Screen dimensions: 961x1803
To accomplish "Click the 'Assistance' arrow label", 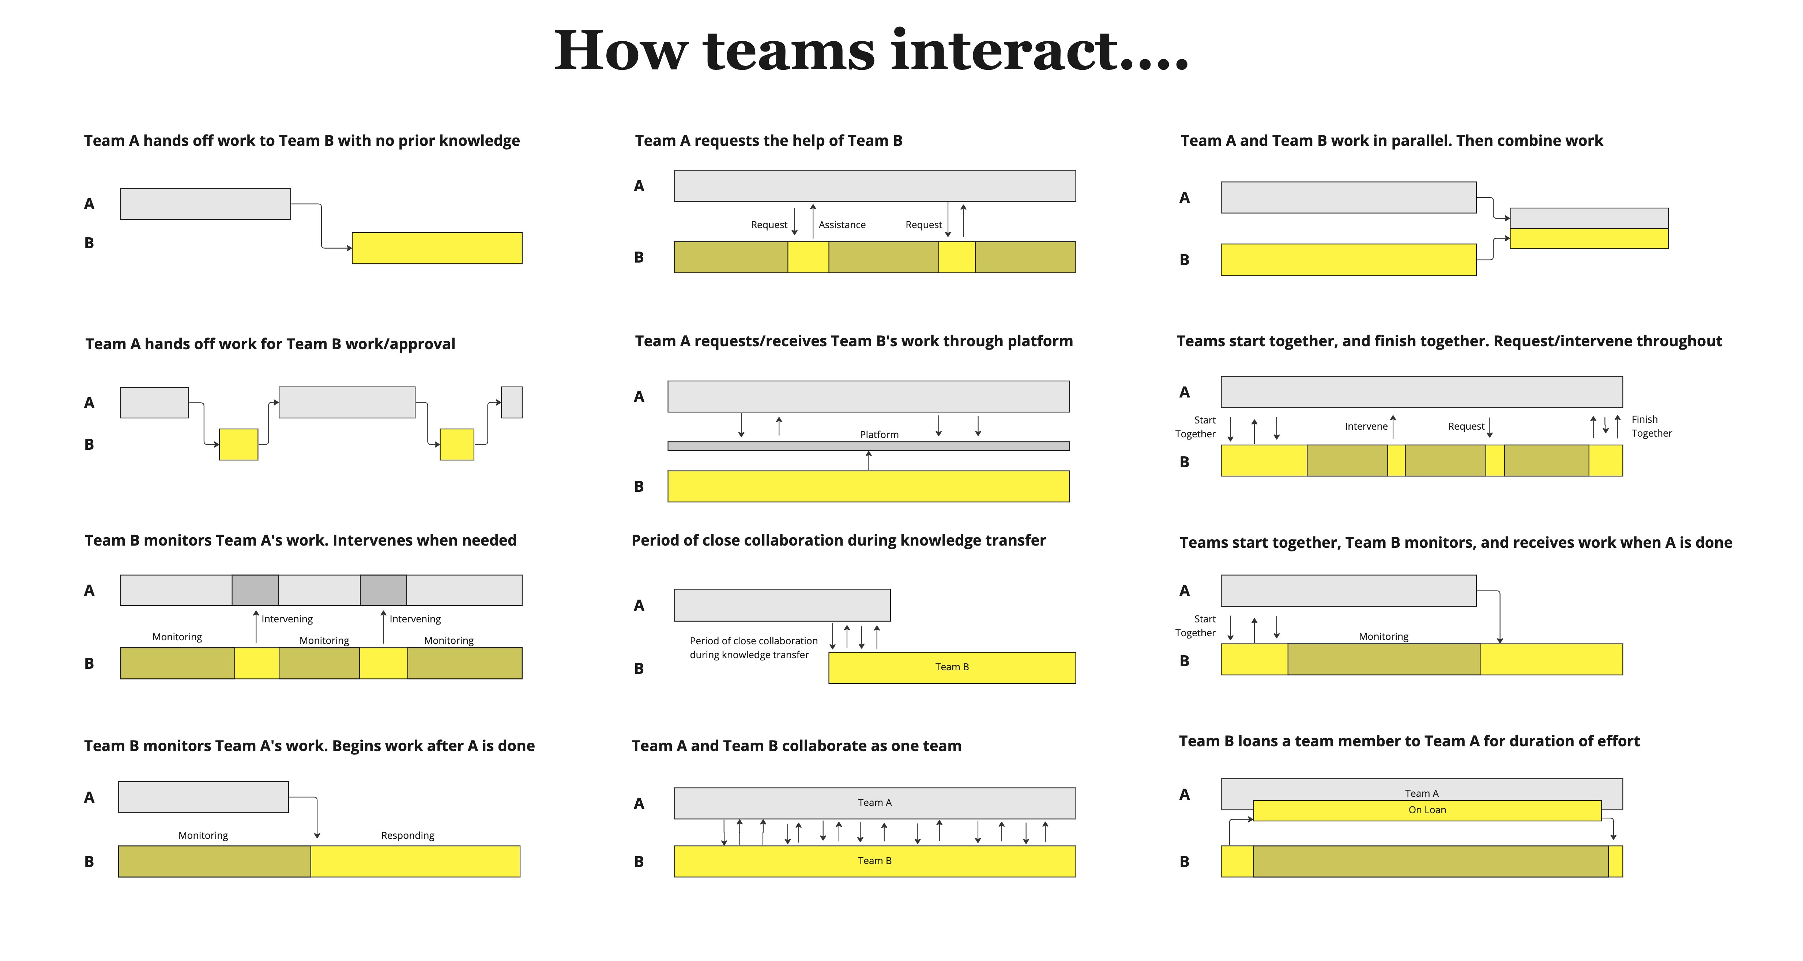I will pyautogui.click(x=842, y=225).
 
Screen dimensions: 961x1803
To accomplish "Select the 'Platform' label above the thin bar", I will pyautogui.click(x=879, y=435).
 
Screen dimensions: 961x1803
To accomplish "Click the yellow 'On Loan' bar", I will pyautogui.click(x=1427, y=810).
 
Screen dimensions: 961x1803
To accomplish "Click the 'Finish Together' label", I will pyautogui.click(x=1651, y=426).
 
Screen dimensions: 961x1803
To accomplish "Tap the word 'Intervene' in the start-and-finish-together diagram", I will pyautogui.click(x=1366, y=426).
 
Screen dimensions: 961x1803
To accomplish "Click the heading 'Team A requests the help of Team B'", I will pyautogui.click(x=768, y=141).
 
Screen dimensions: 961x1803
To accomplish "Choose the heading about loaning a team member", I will pyautogui.click(x=1409, y=741).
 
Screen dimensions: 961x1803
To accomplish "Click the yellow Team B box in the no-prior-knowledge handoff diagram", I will pyautogui.click(x=437, y=248).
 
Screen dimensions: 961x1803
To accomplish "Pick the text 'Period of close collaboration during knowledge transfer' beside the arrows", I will pyautogui.click(x=753, y=648).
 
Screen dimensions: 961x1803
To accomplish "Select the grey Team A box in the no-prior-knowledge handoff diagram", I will pyautogui.click(x=205, y=204).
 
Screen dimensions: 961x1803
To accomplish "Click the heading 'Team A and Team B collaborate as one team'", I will pyautogui.click(x=796, y=746).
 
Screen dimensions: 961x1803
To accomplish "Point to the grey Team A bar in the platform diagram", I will pyautogui.click(x=868, y=396).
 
